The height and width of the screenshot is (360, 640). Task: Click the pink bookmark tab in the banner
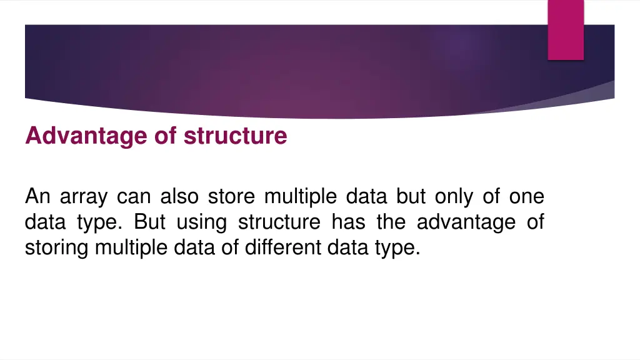click(x=566, y=29)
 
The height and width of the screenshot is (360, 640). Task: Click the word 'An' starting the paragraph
click(x=37, y=197)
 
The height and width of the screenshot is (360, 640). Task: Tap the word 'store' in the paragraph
click(x=231, y=197)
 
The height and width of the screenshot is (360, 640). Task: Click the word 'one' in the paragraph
click(x=526, y=197)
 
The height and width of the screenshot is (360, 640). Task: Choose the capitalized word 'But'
click(x=149, y=222)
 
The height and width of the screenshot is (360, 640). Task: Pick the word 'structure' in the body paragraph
click(x=279, y=222)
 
